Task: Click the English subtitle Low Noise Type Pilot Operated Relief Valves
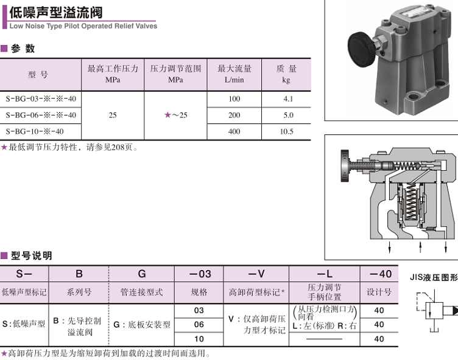click(x=83, y=26)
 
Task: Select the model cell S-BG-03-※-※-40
click(x=41, y=99)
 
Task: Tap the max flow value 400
click(x=234, y=131)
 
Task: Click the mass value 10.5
click(x=286, y=131)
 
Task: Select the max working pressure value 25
click(x=113, y=115)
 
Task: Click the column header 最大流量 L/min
click(x=234, y=74)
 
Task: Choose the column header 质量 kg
click(x=286, y=74)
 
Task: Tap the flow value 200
click(x=234, y=115)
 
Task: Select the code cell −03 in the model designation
click(x=199, y=274)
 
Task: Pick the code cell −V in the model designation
click(x=256, y=274)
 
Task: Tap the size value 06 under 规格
click(x=199, y=325)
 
